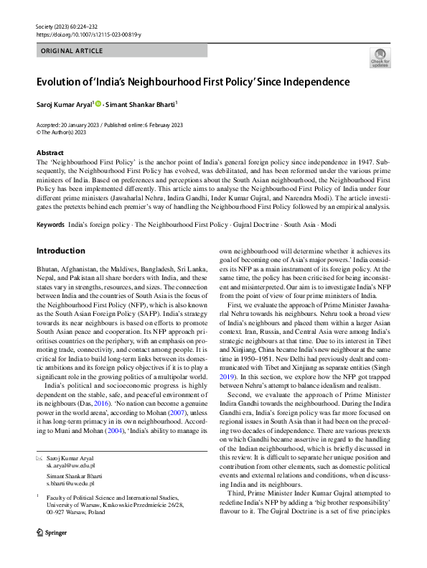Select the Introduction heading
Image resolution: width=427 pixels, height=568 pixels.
click(60, 251)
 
